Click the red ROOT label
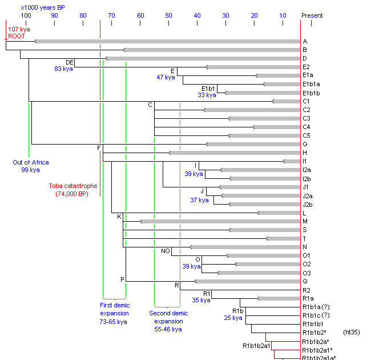17,36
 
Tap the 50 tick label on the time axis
168,15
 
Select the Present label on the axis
312,15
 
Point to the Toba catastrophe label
72,186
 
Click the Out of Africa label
31,162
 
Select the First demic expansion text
115,313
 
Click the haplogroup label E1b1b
311,93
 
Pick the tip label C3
307,118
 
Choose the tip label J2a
307,196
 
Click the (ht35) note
351,332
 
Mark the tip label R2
307,290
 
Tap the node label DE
70,62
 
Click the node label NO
166,251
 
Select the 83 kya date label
58,69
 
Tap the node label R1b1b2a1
256,346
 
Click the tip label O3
307,273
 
